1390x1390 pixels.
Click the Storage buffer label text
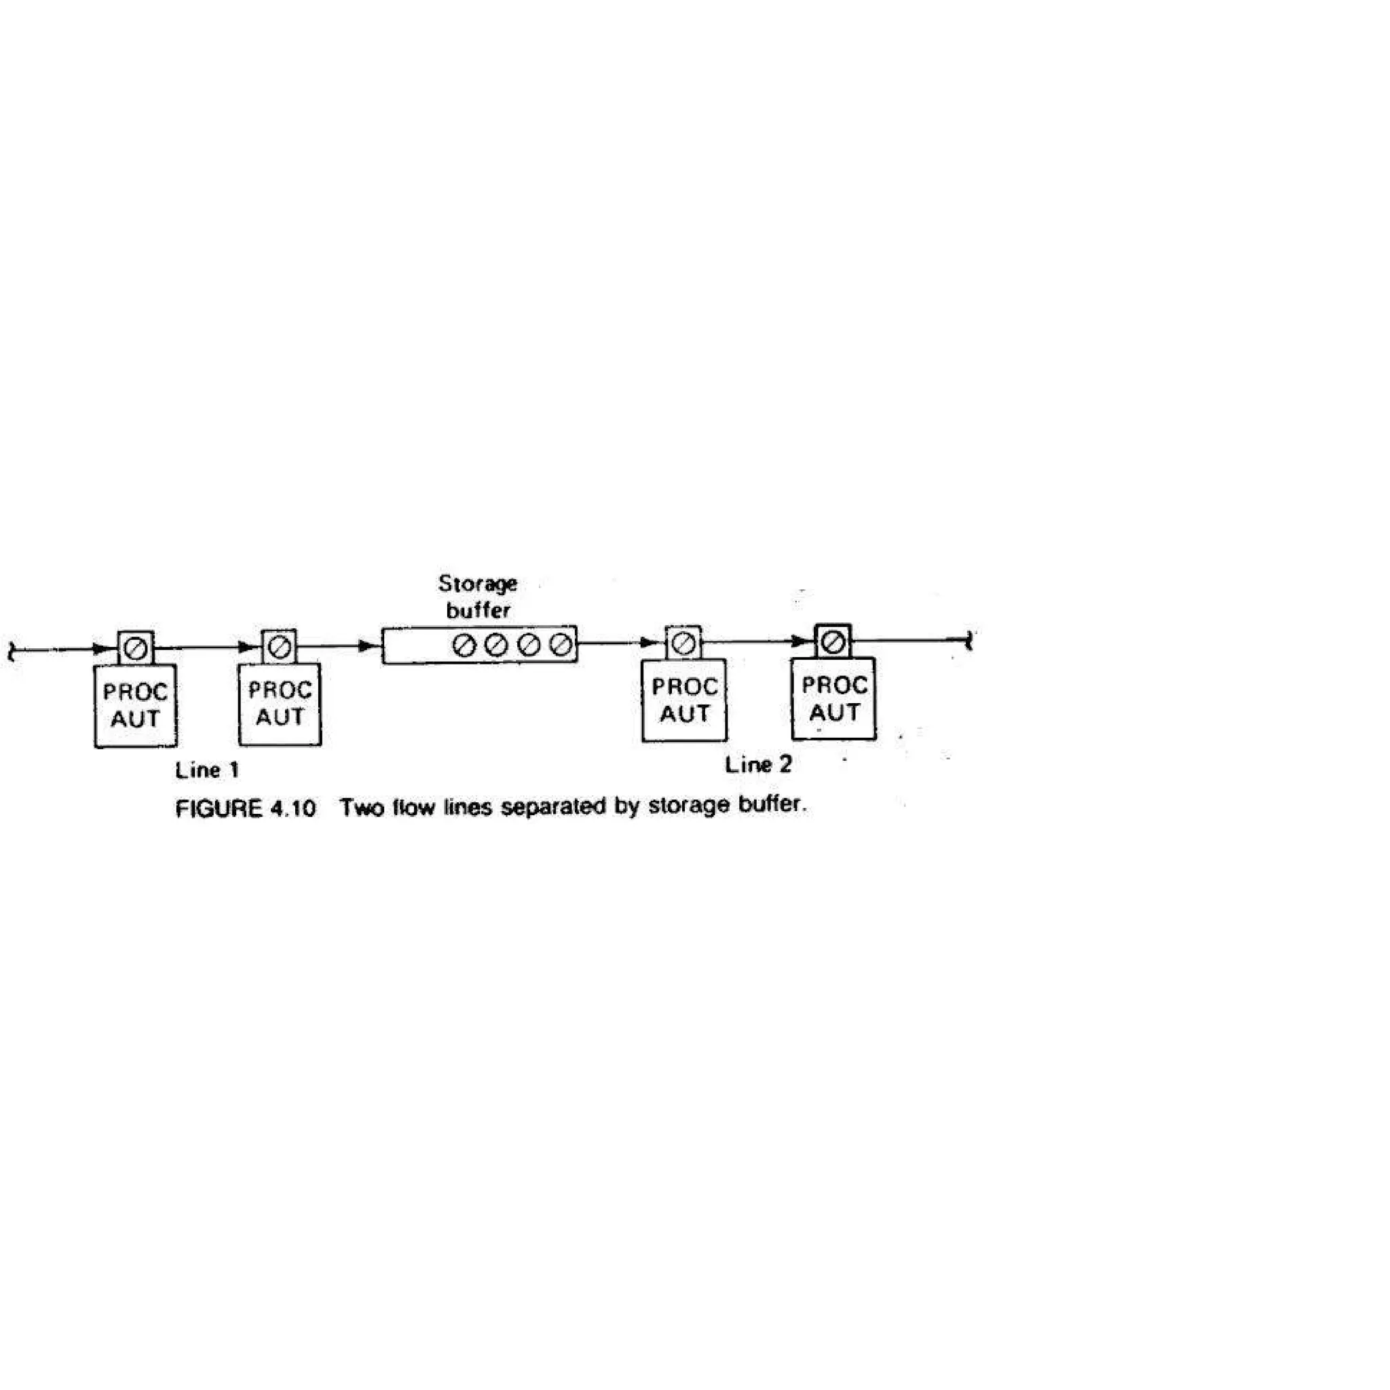(x=478, y=597)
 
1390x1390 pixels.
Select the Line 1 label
(x=207, y=770)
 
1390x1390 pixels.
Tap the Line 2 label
(x=758, y=765)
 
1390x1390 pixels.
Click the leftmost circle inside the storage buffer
(x=464, y=645)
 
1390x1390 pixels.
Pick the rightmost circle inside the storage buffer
(x=561, y=645)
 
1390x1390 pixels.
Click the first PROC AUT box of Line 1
(x=136, y=706)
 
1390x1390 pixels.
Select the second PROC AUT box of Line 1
(x=280, y=704)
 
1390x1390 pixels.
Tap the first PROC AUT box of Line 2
(x=684, y=700)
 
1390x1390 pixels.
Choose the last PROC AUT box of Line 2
(x=834, y=698)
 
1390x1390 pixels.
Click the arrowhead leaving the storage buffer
(x=651, y=643)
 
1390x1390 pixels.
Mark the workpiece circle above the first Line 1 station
(x=136, y=649)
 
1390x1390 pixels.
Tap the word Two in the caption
(x=360, y=808)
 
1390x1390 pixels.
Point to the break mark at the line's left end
(x=11, y=651)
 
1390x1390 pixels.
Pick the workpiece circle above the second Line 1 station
(x=279, y=647)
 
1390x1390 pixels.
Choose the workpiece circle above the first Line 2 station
(x=683, y=643)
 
